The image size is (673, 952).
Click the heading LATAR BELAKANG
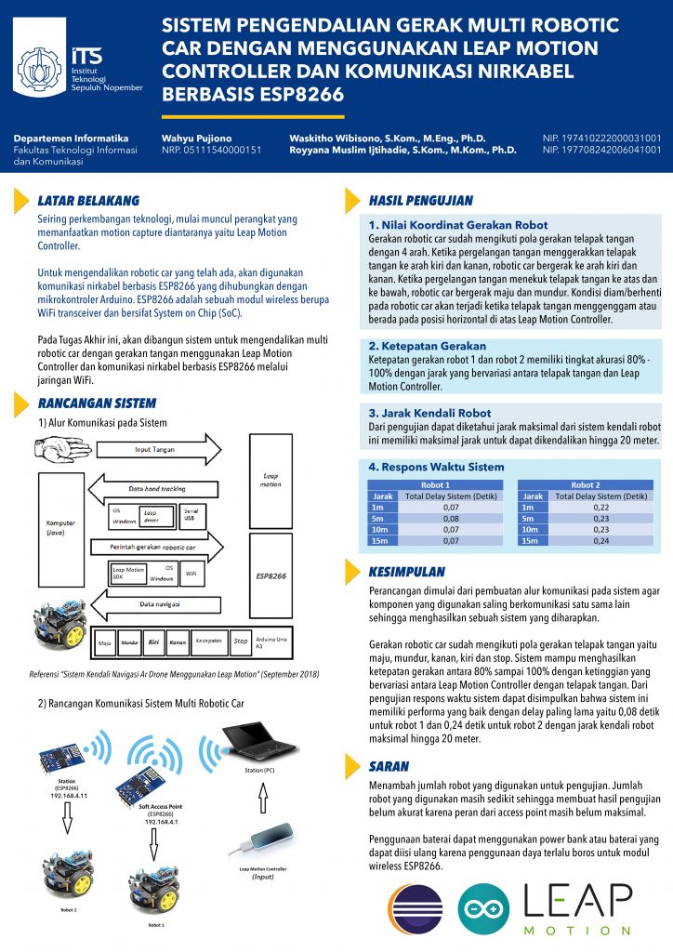[88, 200]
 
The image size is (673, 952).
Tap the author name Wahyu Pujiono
[197, 138]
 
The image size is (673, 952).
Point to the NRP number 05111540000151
[211, 150]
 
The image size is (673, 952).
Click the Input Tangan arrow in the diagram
[167, 450]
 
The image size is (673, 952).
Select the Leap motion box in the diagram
[271, 478]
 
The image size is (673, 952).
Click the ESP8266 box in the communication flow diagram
[271, 576]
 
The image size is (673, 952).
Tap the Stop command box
[241, 641]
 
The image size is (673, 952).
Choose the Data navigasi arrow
[167, 604]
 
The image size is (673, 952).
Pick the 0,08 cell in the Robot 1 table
[451, 519]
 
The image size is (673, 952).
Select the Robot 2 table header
[585, 485]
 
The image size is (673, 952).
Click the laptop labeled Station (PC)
[265, 736]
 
